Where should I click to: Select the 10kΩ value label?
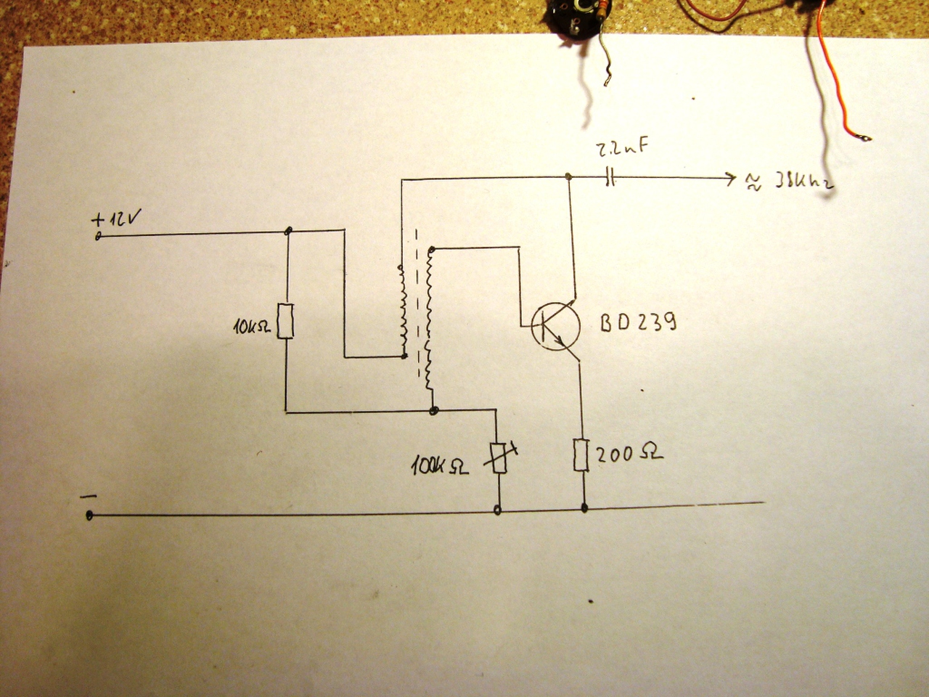(x=252, y=327)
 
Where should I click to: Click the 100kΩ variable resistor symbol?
(x=499, y=457)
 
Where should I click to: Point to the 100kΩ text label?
(x=440, y=465)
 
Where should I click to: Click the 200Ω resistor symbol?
(x=581, y=455)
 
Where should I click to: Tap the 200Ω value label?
(x=629, y=455)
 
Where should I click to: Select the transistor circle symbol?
(x=555, y=327)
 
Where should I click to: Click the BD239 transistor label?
(x=638, y=323)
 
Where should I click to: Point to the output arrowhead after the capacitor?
(x=729, y=178)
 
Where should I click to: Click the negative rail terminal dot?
(x=89, y=515)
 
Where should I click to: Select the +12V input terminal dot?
(x=97, y=237)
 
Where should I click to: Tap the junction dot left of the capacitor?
(x=569, y=176)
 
